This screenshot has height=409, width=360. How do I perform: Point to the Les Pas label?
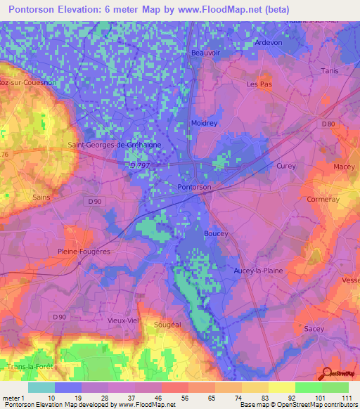point(258,84)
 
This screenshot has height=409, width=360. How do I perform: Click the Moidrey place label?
point(204,123)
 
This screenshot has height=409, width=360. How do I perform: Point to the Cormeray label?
point(323,199)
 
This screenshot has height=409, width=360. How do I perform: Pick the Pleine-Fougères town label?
point(84,250)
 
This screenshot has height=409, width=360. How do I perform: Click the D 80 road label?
point(328,124)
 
